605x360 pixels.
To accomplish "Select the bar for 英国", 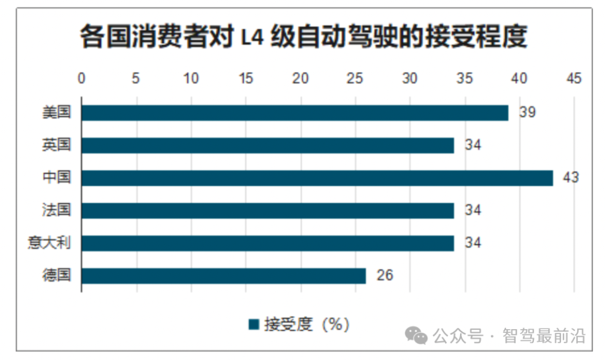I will [267, 146].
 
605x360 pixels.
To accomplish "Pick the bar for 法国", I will [267, 211].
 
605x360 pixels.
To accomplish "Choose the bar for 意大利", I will [267, 243].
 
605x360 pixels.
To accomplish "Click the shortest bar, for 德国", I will [223, 276].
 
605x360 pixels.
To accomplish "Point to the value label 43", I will [570, 178].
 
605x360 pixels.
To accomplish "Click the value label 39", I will [527, 113].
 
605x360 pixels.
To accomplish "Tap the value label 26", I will [384, 276].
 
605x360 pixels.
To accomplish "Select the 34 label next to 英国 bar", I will [473, 146].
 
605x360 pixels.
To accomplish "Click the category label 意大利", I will [49, 243].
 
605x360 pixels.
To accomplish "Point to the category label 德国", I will [57, 276].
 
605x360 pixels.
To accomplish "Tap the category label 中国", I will [57, 178].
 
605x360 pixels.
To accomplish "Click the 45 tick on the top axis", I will [574, 79].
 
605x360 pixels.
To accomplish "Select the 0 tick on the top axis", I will [81, 79].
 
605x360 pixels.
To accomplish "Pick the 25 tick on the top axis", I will [355, 79].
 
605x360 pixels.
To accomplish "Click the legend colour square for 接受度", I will [254, 325].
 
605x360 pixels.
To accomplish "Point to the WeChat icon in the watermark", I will [417, 336].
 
